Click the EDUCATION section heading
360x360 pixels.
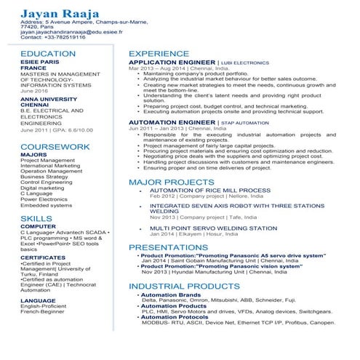(48, 54)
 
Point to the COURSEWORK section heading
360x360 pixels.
(55, 146)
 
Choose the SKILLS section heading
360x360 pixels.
(36, 218)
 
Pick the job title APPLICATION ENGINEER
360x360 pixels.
(172, 63)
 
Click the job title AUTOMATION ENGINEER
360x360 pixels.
(172, 123)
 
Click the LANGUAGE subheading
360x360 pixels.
(38, 300)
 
